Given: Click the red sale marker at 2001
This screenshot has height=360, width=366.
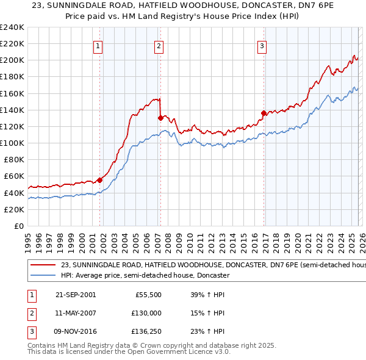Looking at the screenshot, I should [x=99, y=180].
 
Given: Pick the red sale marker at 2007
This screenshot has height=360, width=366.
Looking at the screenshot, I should [x=160, y=118].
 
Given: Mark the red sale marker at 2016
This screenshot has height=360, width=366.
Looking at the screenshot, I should [x=264, y=113].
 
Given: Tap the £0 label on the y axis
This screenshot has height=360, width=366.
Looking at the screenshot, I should [x=18, y=226].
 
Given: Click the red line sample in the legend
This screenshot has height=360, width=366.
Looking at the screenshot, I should [x=44, y=265].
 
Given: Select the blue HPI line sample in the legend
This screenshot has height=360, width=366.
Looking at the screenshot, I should [x=44, y=276].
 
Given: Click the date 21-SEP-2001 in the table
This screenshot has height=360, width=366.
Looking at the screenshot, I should [x=76, y=294].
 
